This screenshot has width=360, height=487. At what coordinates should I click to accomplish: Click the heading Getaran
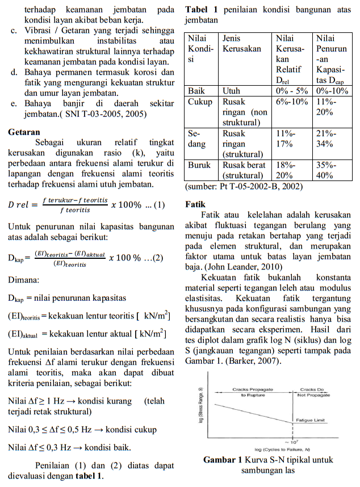23,132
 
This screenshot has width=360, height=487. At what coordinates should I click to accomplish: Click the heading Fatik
196,204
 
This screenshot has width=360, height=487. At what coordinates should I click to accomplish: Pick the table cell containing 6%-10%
291,102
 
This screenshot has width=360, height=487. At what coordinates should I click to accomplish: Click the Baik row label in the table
196,91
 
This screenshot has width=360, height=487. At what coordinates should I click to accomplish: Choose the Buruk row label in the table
199,165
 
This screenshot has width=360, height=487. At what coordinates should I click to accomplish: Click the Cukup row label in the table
200,102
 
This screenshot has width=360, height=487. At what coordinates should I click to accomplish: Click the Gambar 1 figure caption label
223,460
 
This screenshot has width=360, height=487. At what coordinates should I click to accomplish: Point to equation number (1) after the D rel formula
159,205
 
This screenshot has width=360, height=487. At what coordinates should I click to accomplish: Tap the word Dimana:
24,280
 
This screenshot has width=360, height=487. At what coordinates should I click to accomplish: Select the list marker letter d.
14,73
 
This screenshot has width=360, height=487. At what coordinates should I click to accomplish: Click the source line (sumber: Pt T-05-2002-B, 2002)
244,186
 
